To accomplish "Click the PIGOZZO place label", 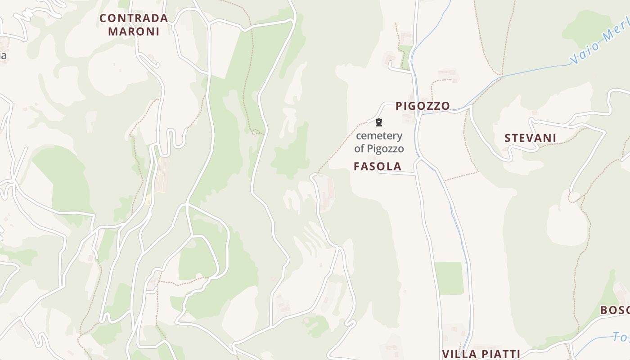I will coord(423,106).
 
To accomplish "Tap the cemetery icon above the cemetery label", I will coord(379,122).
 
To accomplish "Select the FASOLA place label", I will coord(377,166).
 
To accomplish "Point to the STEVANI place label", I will coord(530,138).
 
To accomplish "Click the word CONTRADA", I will coord(134,18).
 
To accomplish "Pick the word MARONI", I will coord(134,31).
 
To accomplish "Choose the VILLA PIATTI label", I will coord(481,354).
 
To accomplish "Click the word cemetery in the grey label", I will coord(379,135).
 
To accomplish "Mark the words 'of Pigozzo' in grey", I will coord(379,148).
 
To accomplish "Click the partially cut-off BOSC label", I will coord(615,310).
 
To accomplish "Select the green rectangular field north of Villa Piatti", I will coord(449,279).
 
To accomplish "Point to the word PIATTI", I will coord(500,354).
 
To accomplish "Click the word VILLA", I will coord(459,354).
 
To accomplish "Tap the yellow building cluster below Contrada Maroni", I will coord(162,175).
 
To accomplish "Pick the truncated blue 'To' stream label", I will coord(621,337).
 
